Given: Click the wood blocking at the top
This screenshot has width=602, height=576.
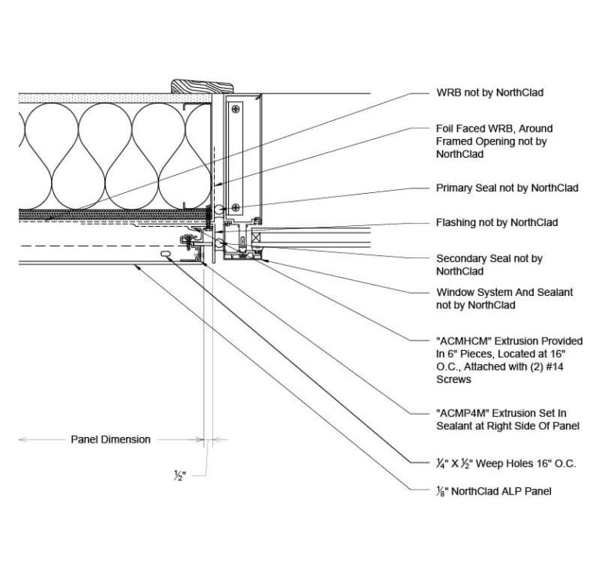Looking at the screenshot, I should tap(202, 85).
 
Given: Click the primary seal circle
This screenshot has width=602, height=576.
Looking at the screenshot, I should tap(222, 209).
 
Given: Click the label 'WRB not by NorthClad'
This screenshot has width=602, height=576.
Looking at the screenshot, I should tap(489, 93).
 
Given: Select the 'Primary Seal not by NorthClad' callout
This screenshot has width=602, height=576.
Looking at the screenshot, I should tap(506, 188).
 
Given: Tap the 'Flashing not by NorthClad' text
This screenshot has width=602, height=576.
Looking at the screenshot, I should tap(496, 223).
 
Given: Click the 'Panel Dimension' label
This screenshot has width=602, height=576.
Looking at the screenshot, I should tap(111, 439).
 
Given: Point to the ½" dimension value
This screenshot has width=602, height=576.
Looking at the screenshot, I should tap(180, 475).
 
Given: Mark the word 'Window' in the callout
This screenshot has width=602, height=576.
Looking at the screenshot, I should tap(455, 292).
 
